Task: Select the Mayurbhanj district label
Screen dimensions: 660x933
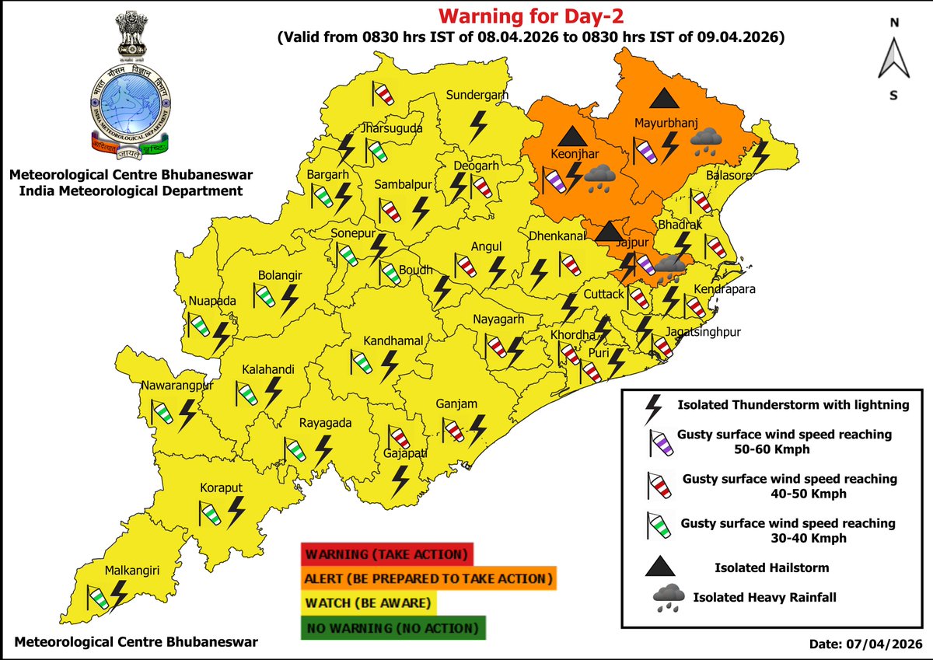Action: point(667,124)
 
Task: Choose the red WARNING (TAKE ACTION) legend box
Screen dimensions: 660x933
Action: point(386,555)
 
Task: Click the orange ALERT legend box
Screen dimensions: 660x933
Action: point(428,579)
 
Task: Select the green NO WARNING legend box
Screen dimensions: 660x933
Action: point(393,627)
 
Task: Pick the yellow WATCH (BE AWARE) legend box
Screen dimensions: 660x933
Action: point(369,603)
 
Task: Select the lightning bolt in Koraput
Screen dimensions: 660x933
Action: point(236,510)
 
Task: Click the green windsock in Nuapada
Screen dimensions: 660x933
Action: point(198,322)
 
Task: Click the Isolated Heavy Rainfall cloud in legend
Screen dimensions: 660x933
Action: point(663,599)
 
